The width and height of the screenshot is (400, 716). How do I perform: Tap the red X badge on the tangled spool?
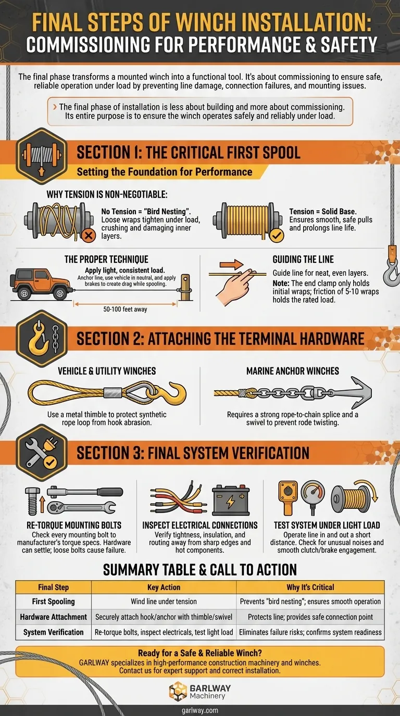[89, 236]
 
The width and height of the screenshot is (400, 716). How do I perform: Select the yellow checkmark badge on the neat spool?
[277, 236]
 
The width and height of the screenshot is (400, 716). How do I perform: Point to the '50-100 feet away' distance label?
[125, 310]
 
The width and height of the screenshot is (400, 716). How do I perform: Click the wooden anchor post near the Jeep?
[185, 288]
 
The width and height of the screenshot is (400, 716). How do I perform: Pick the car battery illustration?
[231, 500]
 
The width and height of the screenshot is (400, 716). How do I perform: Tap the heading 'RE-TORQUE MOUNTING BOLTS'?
[74, 525]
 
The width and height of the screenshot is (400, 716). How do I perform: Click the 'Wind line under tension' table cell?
[164, 601]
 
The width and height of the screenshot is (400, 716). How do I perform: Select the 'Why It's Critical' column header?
[310, 587]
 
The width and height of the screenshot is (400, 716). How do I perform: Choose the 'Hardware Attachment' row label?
[54, 617]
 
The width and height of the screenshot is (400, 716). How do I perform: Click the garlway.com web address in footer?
[200, 711]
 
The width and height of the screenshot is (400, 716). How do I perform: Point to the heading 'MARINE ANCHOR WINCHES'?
[293, 371]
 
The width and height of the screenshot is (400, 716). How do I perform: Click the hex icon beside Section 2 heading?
[42, 339]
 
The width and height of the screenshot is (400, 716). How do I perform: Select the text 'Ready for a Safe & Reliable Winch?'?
[200, 653]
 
